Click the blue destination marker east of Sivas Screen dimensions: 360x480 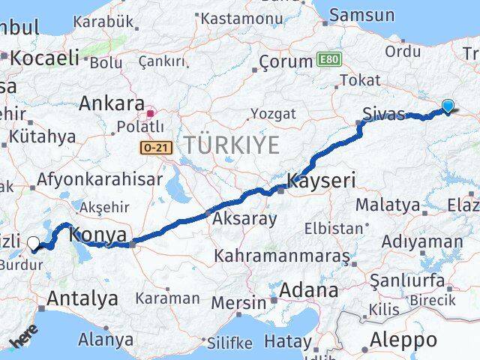448,106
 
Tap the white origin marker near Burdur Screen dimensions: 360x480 33,242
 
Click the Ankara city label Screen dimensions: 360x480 111,103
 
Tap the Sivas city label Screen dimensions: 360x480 382,115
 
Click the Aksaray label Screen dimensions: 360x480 244,219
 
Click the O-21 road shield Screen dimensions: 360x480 156,148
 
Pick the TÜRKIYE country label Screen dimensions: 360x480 232,145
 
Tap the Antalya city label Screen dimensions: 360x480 82,298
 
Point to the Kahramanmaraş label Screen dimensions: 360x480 281,256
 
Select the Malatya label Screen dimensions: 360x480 388,204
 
